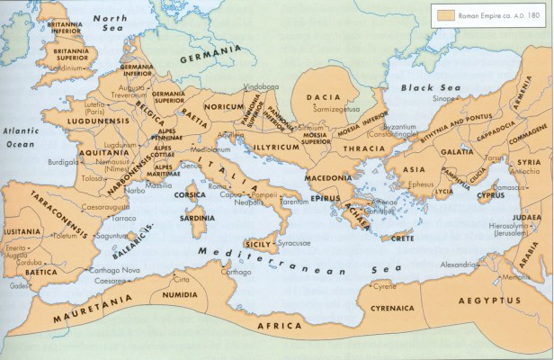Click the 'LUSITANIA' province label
pos(22,231)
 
